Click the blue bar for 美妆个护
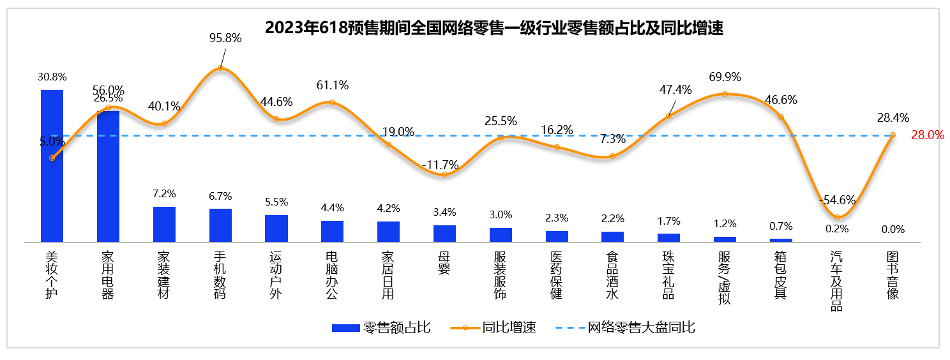[x=52, y=166]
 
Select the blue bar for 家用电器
[x=108, y=177]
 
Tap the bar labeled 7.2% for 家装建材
[x=164, y=224]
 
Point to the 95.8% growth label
[x=225, y=38]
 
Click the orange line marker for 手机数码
[x=220, y=68]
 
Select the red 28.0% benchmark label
[x=927, y=135]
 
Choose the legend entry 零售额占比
[x=381, y=328]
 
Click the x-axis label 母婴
[x=444, y=262]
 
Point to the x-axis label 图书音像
[x=893, y=274]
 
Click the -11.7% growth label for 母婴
[x=441, y=165]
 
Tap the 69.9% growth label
[x=725, y=77]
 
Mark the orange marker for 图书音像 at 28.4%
[x=893, y=135]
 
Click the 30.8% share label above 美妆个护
[x=52, y=77]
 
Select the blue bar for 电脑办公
[x=332, y=231]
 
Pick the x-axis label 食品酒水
[x=612, y=274]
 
